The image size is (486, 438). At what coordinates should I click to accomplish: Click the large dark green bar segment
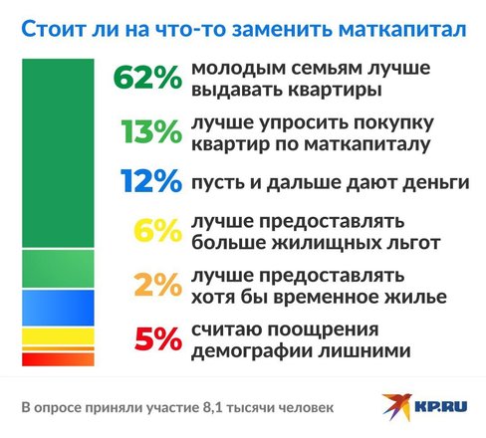[x=58, y=153]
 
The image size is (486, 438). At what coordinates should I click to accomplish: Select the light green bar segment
[x=58, y=269]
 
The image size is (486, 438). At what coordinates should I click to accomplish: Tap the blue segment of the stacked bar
[x=58, y=308]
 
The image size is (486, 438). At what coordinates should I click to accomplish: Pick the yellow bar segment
[x=58, y=336]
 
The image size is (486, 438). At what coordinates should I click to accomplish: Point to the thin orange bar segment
[x=58, y=348]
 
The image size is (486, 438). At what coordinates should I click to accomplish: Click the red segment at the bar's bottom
[x=58, y=359]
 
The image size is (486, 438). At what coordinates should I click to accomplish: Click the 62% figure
[x=147, y=78]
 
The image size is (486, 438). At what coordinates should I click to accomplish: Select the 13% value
[x=151, y=131]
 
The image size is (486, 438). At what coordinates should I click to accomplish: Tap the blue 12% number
[x=151, y=181]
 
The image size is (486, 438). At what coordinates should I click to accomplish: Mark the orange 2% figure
[x=158, y=285]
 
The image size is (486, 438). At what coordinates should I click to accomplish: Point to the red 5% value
[x=158, y=339]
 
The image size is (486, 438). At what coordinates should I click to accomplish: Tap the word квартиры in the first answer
[x=335, y=91]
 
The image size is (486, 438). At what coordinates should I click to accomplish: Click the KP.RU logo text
[x=441, y=406]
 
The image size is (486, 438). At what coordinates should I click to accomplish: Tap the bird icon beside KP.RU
[x=397, y=406]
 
